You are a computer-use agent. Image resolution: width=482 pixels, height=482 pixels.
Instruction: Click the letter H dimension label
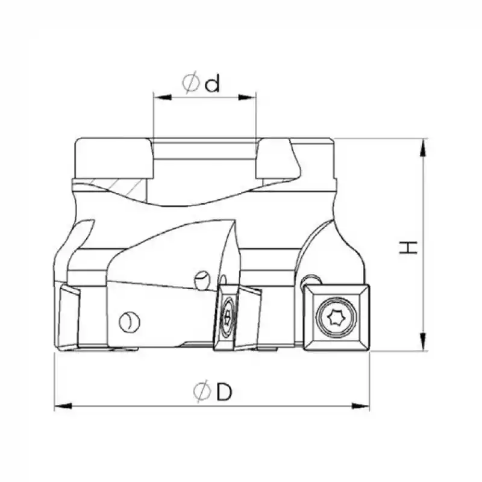pos(410,246)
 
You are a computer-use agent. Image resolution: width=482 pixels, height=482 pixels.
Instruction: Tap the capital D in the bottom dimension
pos(224,393)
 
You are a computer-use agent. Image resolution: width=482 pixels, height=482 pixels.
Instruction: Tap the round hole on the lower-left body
pos(128,322)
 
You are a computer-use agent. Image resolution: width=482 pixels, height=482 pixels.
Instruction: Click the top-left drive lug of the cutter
pos(112,158)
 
